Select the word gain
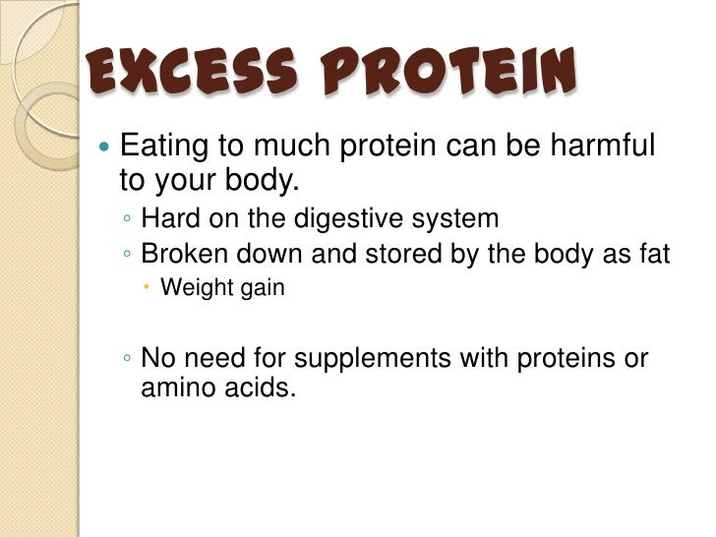[262, 290]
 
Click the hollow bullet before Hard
[128, 219]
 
